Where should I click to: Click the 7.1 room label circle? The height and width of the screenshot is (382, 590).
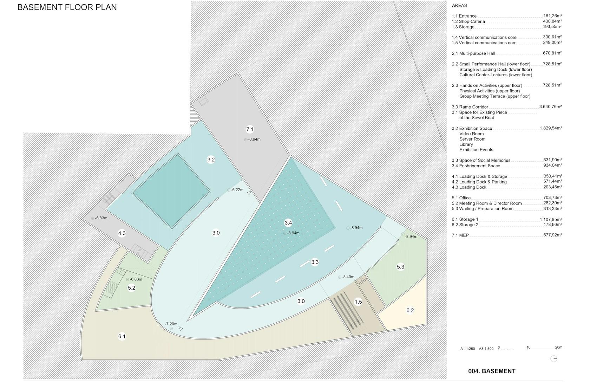[x=250, y=129]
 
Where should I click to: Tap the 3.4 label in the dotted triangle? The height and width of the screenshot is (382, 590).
[x=288, y=223]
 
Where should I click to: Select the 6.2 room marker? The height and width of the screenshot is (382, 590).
[x=410, y=310]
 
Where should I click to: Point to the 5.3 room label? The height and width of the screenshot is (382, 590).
[x=400, y=267]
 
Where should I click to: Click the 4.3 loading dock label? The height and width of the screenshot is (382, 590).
[x=122, y=233]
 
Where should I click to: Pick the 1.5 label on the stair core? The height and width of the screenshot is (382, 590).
[x=358, y=302]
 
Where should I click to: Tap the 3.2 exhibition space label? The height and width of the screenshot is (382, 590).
[x=211, y=160]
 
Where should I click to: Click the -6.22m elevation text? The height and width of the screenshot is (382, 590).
[x=237, y=190]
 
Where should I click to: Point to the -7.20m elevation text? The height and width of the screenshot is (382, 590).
[x=171, y=324]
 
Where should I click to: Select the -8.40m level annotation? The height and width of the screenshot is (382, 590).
[x=348, y=277]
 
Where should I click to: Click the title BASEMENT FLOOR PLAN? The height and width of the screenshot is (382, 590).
[x=67, y=7]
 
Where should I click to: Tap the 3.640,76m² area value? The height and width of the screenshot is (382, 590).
[x=551, y=107]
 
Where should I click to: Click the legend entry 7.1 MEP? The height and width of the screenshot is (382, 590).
[x=460, y=235]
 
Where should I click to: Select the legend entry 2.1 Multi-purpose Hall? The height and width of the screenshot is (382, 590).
[x=473, y=53]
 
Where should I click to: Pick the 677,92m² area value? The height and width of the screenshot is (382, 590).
[x=553, y=235]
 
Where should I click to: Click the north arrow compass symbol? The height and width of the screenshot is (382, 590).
[x=553, y=358]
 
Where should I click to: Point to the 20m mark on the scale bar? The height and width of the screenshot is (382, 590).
[x=559, y=347]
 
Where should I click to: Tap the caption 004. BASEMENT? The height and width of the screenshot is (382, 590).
[x=492, y=371]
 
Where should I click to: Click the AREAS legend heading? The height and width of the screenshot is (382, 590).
[x=459, y=6]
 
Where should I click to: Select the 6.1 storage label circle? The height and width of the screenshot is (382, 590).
[x=122, y=336]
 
